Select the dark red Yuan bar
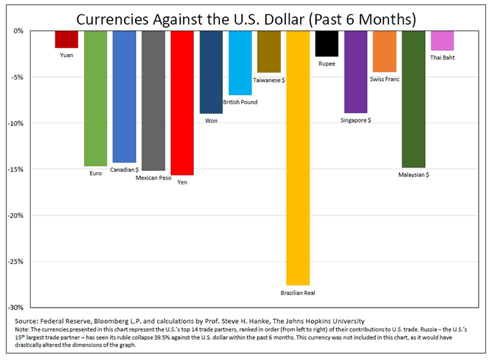tap(66, 39)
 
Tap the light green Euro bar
tap(95, 98)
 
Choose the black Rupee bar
tap(327, 44)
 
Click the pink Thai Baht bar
tap(442, 40)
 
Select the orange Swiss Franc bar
tap(385, 52)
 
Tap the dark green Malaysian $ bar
tap(413, 99)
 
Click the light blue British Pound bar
tap(240, 63)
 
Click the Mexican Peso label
tap(153, 178)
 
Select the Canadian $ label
tap(125, 169)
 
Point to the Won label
tap(211, 121)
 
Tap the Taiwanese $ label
tap(269, 80)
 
